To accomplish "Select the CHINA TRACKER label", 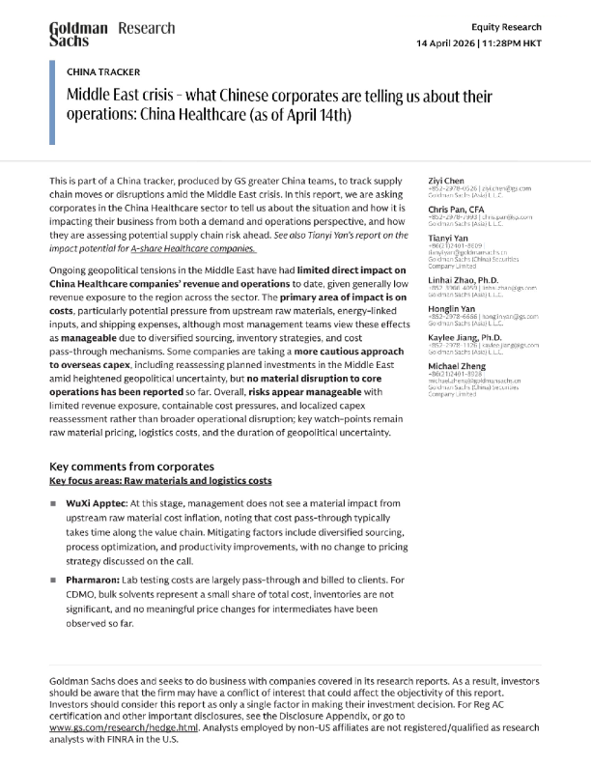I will pos(102,72).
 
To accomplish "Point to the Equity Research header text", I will pos(507,27).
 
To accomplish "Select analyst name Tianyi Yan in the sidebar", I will pos(450,238).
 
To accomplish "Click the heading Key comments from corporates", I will pos(144,467).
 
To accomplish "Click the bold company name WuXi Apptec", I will pos(96,503).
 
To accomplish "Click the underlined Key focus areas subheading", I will pos(160,480).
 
